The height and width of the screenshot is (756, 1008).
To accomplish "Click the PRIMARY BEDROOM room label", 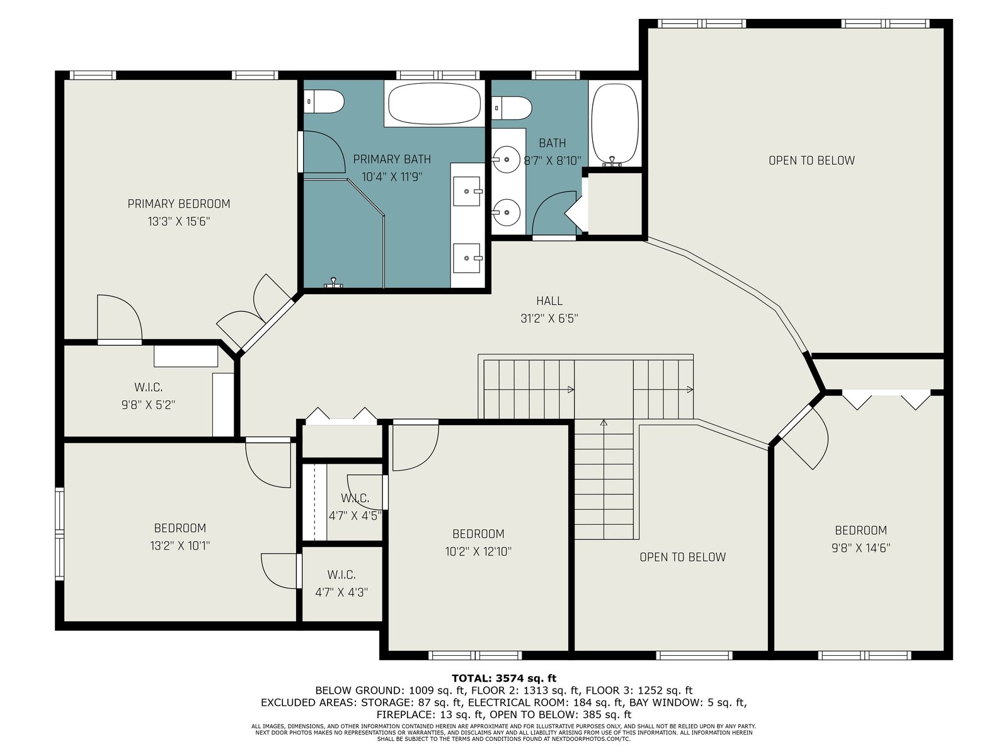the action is pyautogui.click(x=179, y=203).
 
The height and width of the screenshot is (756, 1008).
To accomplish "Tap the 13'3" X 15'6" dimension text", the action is pyautogui.click(x=179, y=222).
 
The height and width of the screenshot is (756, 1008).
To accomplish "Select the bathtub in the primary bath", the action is pyautogui.click(x=435, y=104).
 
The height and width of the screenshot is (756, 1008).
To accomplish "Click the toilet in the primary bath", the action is pyautogui.click(x=324, y=101).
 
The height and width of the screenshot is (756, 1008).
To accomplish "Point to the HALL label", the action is pyautogui.click(x=549, y=301).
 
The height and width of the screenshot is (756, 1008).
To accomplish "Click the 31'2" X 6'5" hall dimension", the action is pyautogui.click(x=549, y=319).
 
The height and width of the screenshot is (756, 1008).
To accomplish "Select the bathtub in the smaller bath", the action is pyautogui.click(x=614, y=124).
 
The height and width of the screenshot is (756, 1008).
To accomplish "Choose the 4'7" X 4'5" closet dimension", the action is pyautogui.click(x=355, y=516).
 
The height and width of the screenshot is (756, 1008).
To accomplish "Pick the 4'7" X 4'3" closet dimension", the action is pyautogui.click(x=341, y=593).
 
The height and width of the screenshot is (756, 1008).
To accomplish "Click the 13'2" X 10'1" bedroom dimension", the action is pyautogui.click(x=180, y=546).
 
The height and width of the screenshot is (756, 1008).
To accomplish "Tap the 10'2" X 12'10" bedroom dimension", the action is pyautogui.click(x=478, y=552).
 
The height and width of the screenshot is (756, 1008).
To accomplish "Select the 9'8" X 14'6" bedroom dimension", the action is pyautogui.click(x=861, y=548).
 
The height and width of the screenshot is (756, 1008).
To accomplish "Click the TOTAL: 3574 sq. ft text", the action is pyautogui.click(x=504, y=679).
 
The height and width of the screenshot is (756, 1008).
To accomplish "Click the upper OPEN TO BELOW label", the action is pyautogui.click(x=811, y=161).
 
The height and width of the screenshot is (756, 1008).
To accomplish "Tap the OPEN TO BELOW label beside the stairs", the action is pyautogui.click(x=682, y=558).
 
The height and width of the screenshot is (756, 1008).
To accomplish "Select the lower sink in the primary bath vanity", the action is pyautogui.click(x=467, y=258).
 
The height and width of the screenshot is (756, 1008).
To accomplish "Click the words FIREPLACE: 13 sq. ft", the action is pyautogui.click(x=430, y=714).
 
